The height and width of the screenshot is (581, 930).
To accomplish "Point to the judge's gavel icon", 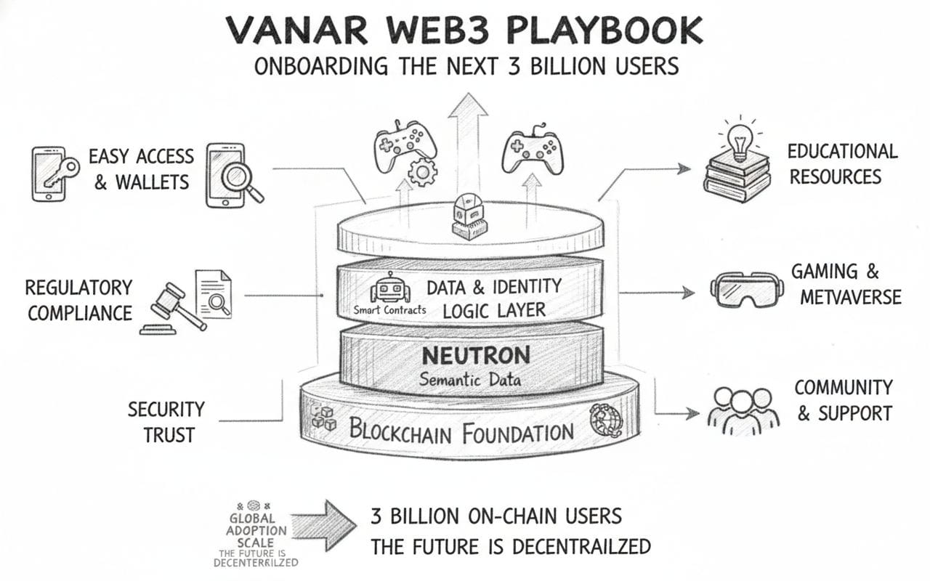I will click(x=170, y=306).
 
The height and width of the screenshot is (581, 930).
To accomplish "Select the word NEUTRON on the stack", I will click(x=476, y=355).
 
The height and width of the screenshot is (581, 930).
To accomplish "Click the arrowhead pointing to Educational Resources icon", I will click(x=684, y=168).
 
